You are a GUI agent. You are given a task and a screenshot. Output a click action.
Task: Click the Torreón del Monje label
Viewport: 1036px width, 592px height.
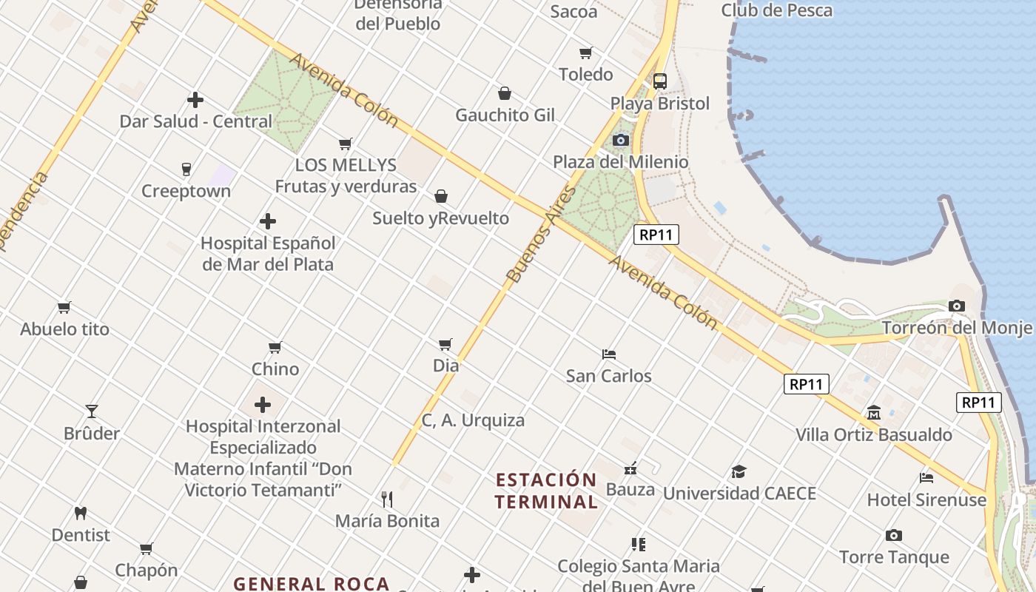pos(957,328)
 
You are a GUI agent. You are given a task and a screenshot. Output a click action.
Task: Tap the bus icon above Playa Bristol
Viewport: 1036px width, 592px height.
pos(659,81)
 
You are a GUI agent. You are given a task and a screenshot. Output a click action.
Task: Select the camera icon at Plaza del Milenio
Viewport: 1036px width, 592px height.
pos(621,140)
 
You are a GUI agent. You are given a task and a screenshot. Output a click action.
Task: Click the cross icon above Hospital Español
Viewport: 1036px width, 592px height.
pos(268,221)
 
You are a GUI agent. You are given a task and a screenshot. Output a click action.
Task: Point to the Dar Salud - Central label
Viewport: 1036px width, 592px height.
pos(196,121)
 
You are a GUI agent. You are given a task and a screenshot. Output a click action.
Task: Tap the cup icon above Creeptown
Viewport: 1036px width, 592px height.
pos(186,169)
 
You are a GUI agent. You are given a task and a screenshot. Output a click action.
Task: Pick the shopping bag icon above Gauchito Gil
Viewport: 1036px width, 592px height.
pos(505,93)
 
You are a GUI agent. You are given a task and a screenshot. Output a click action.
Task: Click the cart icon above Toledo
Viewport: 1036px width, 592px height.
pos(586,53)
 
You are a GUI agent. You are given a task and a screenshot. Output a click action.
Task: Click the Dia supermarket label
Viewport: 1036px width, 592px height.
pos(445,366)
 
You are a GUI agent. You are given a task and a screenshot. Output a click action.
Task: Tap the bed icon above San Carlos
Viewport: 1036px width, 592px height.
pos(609,354)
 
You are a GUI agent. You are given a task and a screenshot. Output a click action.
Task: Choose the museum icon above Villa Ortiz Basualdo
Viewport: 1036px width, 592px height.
pos(874,412)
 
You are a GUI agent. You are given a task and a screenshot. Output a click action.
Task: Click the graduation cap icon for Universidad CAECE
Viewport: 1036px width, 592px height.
pos(739,471)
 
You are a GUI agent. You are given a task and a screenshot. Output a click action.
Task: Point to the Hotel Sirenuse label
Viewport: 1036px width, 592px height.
pos(926,499)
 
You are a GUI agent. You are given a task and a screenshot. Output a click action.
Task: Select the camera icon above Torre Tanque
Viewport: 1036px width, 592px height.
pos(894,535)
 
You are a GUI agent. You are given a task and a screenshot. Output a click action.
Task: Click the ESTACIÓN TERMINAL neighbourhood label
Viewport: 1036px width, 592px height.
pos(546,491)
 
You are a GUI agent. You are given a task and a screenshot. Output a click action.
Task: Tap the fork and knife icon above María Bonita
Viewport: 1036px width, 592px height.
pos(386,499)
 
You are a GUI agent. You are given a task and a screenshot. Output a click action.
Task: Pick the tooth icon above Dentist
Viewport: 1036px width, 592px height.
pos(81,513)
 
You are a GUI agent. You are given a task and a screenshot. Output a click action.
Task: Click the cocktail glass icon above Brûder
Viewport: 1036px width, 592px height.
pos(92,411)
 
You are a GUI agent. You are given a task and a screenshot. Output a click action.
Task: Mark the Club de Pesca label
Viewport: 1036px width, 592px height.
pos(776,10)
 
